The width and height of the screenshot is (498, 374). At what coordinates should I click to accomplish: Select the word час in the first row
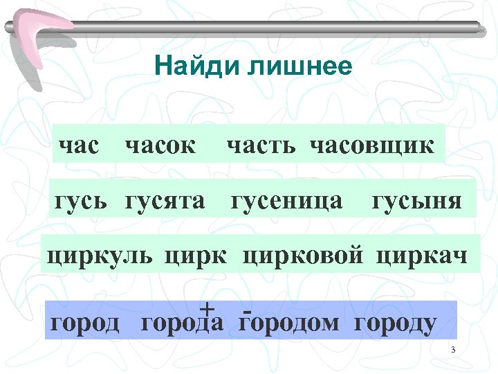tap(79, 146)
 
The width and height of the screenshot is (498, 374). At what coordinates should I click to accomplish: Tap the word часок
tap(160, 146)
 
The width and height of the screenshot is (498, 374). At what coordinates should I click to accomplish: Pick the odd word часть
tap(265, 146)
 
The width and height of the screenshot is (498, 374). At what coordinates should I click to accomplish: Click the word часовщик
tap(373, 146)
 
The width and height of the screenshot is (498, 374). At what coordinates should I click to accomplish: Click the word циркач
tap(423, 256)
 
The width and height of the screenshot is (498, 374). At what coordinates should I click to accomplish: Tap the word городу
tap(396, 323)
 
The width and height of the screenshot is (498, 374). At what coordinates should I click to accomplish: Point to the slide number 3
tap(452, 349)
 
